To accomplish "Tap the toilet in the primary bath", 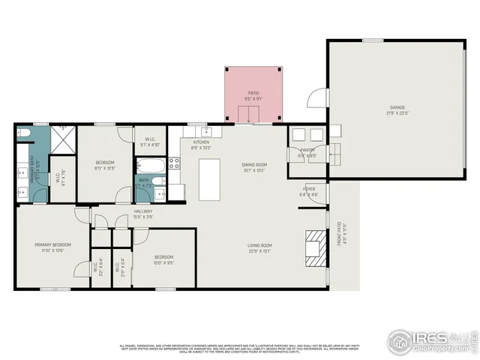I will point(24,133).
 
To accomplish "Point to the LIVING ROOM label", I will point(260,245).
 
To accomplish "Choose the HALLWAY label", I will point(143,211).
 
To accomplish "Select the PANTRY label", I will point(307,151).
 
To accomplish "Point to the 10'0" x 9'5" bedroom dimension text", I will point(164,263).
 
